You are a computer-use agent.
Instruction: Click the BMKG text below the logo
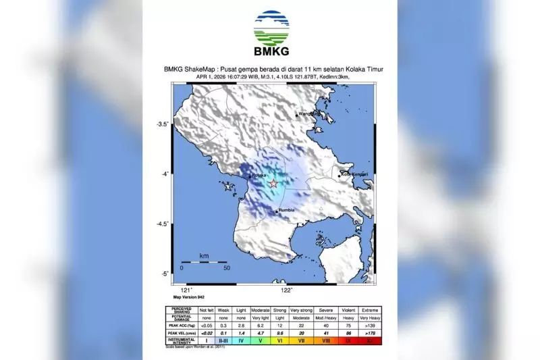[x=271, y=52]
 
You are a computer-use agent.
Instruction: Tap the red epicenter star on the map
[x=273, y=183]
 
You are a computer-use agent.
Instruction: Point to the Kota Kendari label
[x=354, y=175]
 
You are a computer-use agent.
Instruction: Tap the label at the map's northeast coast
[x=308, y=113]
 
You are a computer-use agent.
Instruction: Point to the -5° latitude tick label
[x=164, y=274]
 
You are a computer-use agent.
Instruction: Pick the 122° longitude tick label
[x=286, y=290]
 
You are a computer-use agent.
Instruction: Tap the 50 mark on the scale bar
[x=227, y=269]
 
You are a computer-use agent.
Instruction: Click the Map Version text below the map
[x=188, y=297]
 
